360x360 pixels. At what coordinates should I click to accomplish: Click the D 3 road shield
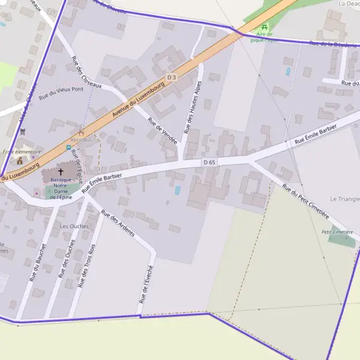pos(172,77)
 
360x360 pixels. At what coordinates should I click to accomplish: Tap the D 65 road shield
pos(209,163)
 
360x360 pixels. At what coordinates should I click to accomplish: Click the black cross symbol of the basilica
pos(61,172)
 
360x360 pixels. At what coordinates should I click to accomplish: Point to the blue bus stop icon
pos(68,147)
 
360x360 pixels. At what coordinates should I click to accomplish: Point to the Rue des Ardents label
pos(118,223)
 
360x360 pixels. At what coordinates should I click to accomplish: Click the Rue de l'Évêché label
pos(147,284)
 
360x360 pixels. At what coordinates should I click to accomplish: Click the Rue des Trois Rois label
pos(88,263)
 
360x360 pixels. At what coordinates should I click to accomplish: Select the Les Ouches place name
pos(74,226)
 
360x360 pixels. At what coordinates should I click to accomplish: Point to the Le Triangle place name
pos(344,199)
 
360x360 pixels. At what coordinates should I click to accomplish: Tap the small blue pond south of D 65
pos(178,190)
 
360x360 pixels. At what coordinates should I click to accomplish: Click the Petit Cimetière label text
pos(337,232)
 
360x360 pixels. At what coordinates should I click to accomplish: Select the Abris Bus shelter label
pos(81,140)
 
